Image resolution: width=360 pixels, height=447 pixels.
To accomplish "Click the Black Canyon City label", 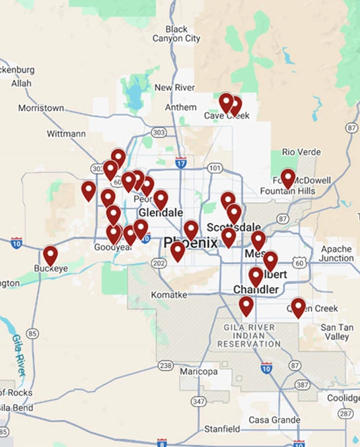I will [183, 34].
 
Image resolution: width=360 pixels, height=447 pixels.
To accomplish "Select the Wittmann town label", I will [66, 134].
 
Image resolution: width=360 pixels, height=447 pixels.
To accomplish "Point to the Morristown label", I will [41, 108].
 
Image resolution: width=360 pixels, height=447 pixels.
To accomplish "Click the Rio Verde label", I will [301, 152].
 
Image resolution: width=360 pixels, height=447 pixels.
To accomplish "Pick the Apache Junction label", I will [336, 254].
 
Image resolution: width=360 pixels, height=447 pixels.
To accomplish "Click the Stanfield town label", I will [222, 429].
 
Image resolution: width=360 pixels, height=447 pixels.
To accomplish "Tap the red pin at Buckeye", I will [50, 256].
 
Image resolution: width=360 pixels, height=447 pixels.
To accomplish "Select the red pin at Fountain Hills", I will [288, 178].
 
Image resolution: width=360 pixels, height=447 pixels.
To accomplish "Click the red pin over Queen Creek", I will [297, 307].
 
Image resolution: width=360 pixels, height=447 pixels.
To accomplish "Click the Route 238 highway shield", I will [166, 366].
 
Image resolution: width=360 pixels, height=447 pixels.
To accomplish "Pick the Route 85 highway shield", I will [32, 333].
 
